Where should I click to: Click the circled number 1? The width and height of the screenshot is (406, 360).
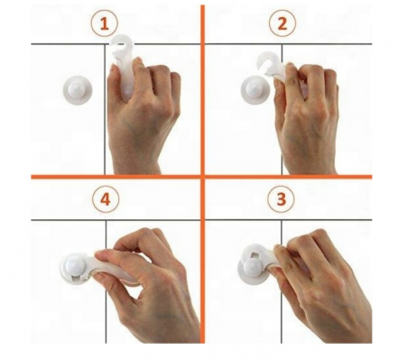[x=105, y=23]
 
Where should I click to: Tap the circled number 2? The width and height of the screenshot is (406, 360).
[x=282, y=23]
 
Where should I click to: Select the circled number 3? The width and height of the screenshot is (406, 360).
[x=281, y=199]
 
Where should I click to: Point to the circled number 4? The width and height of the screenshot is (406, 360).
[x=106, y=199]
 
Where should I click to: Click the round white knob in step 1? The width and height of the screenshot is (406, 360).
[x=78, y=90]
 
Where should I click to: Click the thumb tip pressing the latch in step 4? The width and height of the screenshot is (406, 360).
[x=99, y=256]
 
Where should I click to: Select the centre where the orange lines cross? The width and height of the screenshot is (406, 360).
[x=203, y=177]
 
